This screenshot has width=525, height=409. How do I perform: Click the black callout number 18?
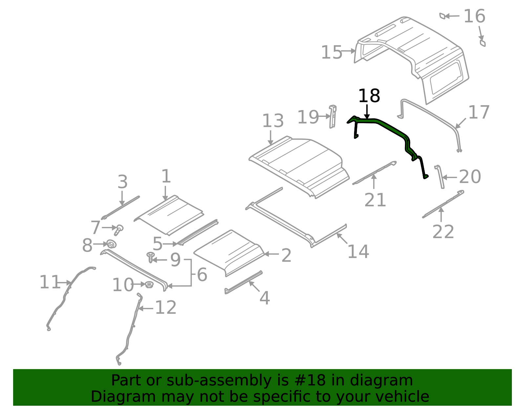369,96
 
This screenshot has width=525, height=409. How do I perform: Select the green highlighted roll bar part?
390,126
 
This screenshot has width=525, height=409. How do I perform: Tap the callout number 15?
331,52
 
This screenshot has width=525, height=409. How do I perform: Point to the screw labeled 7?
118,230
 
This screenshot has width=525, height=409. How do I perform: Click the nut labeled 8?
112,244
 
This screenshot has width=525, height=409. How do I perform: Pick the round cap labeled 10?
149,285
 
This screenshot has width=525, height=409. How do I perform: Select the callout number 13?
273,121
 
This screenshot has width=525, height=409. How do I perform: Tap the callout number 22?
443,232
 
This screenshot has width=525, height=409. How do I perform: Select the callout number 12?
166,308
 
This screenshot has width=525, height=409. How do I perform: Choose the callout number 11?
50,282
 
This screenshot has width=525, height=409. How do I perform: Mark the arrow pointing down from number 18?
367,111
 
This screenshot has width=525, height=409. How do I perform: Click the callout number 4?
264,298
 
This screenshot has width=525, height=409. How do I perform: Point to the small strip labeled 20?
440,177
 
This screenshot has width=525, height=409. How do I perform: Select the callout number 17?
479,113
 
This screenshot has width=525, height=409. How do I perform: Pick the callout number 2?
286,255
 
